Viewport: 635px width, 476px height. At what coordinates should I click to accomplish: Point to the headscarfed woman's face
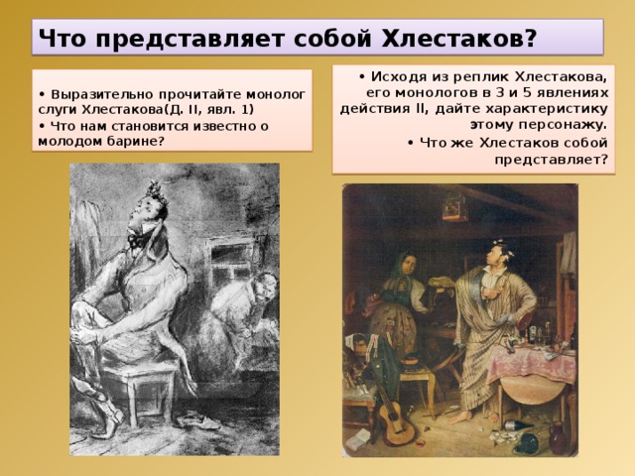coord(410,266)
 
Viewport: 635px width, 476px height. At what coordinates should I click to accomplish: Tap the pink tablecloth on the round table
coord(531,362)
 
